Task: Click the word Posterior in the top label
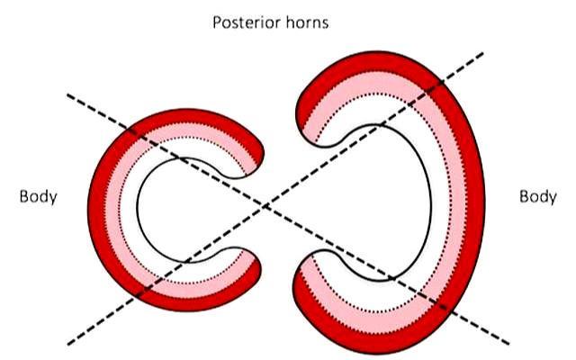242,22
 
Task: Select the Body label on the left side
38,196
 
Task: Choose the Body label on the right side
538,196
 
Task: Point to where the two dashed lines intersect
265,207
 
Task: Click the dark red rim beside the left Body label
97,210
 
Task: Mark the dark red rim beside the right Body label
476,202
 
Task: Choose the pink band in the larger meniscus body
458,202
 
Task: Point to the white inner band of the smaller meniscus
129,210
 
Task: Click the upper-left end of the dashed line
67,95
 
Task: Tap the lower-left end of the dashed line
68,344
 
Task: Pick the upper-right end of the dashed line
482,53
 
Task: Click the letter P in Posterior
217,22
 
